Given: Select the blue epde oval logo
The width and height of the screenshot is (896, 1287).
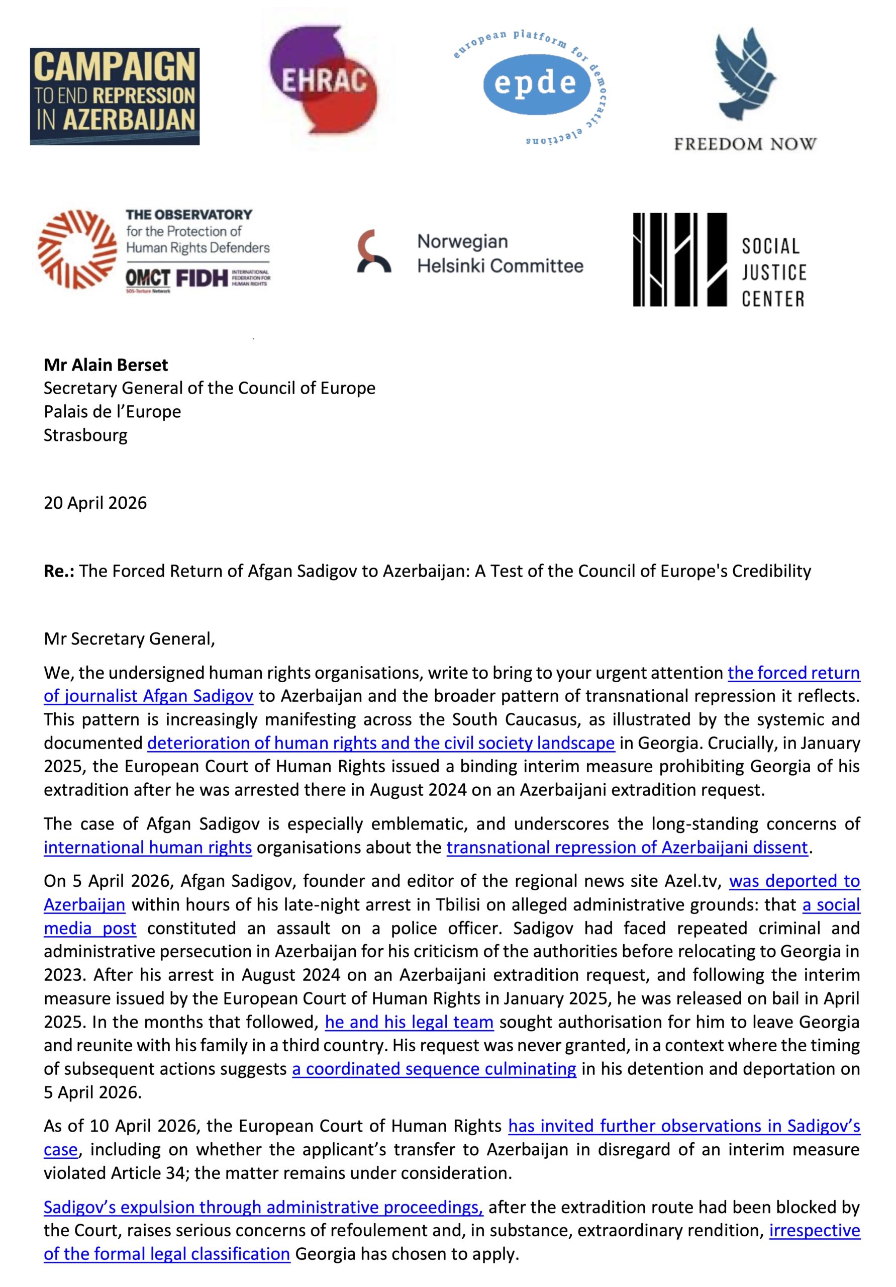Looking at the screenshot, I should pos(529,83).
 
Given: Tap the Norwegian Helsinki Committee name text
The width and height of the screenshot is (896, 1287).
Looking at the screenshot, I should pos(500,253).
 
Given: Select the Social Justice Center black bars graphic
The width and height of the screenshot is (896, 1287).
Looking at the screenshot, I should pos(679,259).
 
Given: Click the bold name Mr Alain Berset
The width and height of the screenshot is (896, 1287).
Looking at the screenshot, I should pos(106,365).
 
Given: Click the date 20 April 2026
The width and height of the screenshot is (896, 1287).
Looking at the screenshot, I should pos(95,503).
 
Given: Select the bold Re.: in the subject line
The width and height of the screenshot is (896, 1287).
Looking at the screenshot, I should pos(59,571).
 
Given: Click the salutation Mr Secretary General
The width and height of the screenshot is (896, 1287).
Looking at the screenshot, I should pos(129,639).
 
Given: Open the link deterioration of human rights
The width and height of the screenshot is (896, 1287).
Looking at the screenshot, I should pos(381,743).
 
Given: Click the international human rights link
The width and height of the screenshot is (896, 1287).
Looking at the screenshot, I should pos(148,847).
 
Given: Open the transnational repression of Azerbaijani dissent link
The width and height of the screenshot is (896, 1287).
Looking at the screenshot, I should pos(627,847).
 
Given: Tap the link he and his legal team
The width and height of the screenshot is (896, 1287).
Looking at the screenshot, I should pos(409,1022).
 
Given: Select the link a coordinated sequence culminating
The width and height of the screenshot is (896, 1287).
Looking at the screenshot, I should pos(434,1069).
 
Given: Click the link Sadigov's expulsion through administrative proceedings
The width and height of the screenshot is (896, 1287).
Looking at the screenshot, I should pos(263,1207).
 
